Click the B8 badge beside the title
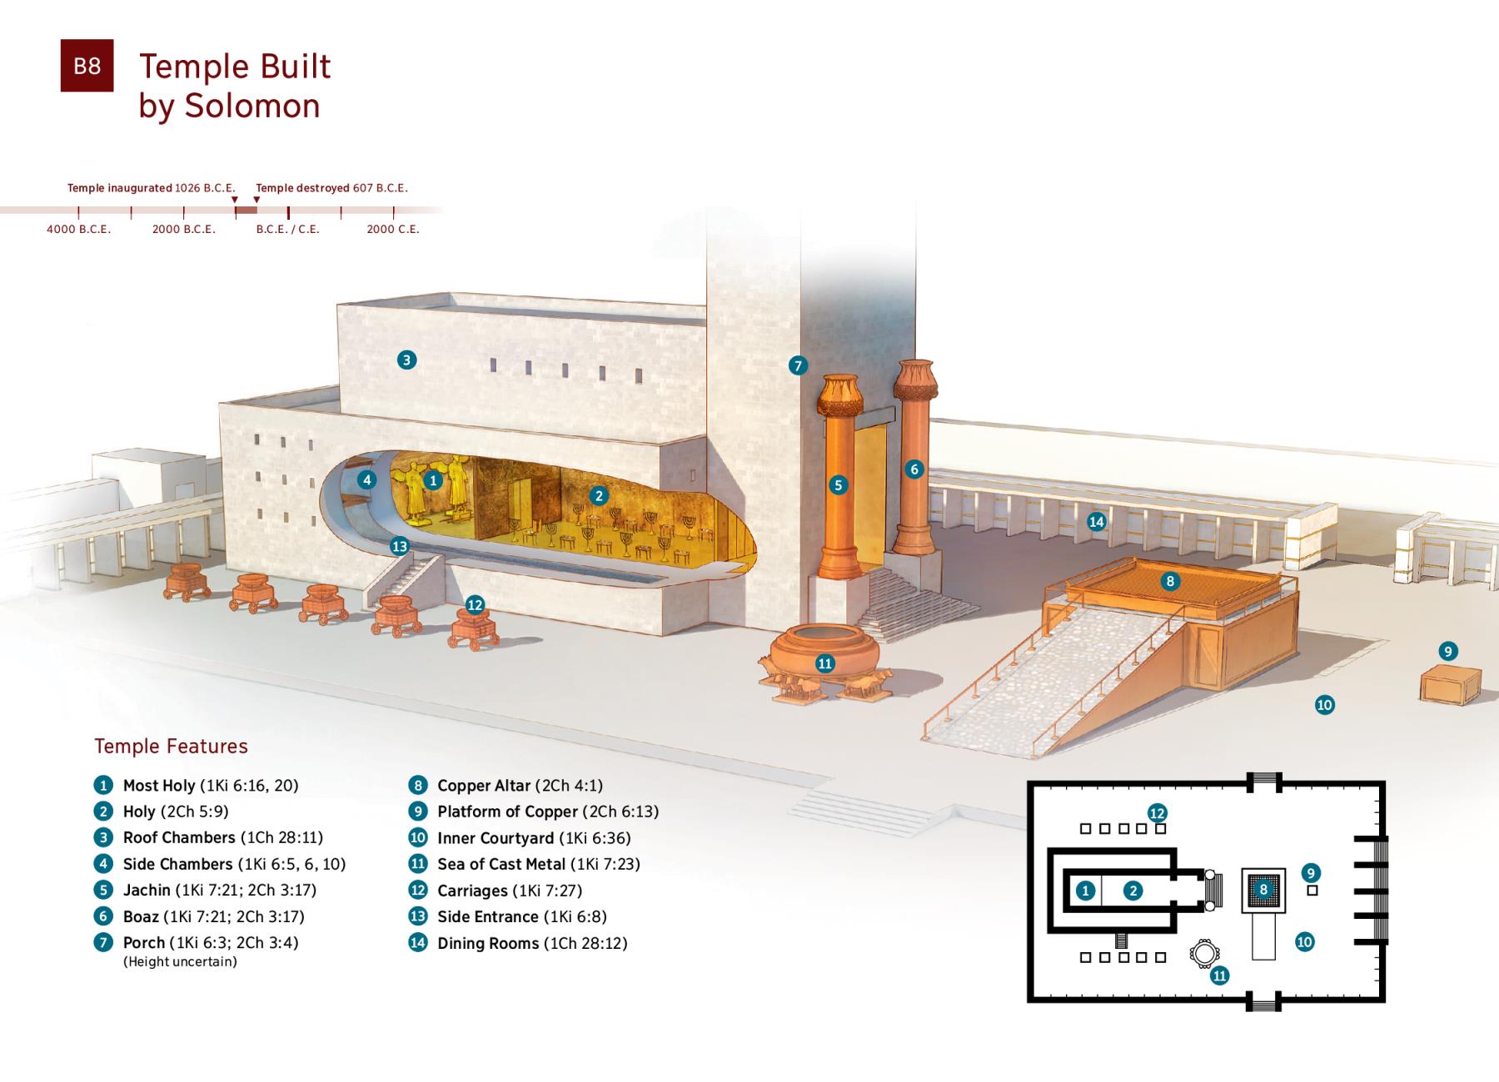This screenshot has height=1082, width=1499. pos(87,66)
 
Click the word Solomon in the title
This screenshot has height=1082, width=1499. pos(251,107)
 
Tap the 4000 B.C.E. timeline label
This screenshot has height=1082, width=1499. pos(78,229)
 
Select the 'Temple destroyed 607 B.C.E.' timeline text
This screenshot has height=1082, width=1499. pos(331,188)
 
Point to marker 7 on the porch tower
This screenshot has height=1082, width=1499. pos(798,365)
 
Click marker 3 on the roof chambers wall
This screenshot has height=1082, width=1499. pos(406,360)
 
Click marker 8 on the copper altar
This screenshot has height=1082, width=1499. pos(1170,581)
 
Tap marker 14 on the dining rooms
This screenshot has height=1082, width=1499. pos(1096,522)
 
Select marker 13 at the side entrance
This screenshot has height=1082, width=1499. pos(400,546)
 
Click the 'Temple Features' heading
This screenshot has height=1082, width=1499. pos(171,746)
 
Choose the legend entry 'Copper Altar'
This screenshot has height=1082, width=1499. pos(483,786)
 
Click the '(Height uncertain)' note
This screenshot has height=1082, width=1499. pos(180,962)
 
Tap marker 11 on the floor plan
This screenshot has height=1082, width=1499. pos(1219,975)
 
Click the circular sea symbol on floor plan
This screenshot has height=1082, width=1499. pos(1203,954)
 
